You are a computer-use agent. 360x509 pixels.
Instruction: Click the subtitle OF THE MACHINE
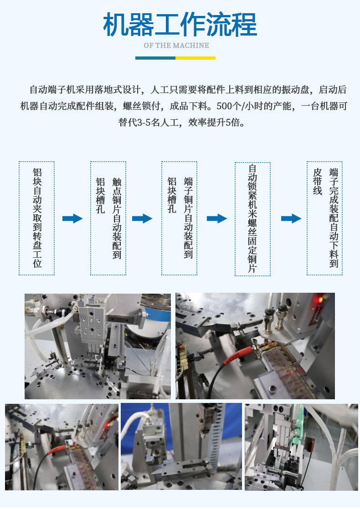[176, 46]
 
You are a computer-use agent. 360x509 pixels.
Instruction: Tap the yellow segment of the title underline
[195, 58]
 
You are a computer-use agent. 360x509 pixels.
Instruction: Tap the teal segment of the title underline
[155, 58]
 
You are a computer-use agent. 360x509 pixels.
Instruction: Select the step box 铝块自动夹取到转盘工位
[37, 218]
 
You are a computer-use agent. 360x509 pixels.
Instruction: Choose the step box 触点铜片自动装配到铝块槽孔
[108, 218]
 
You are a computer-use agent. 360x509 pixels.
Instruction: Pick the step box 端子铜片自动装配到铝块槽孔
[180, 218]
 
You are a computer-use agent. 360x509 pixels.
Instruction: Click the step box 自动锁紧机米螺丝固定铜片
[252, 219]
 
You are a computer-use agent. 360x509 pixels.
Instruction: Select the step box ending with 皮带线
[324, 218]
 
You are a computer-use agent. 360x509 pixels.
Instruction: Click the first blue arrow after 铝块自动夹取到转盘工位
[72, 218]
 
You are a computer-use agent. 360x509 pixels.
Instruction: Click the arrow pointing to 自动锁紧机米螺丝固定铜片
[217, 218]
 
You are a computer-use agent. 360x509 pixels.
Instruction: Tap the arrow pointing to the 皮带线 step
[291, 218]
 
